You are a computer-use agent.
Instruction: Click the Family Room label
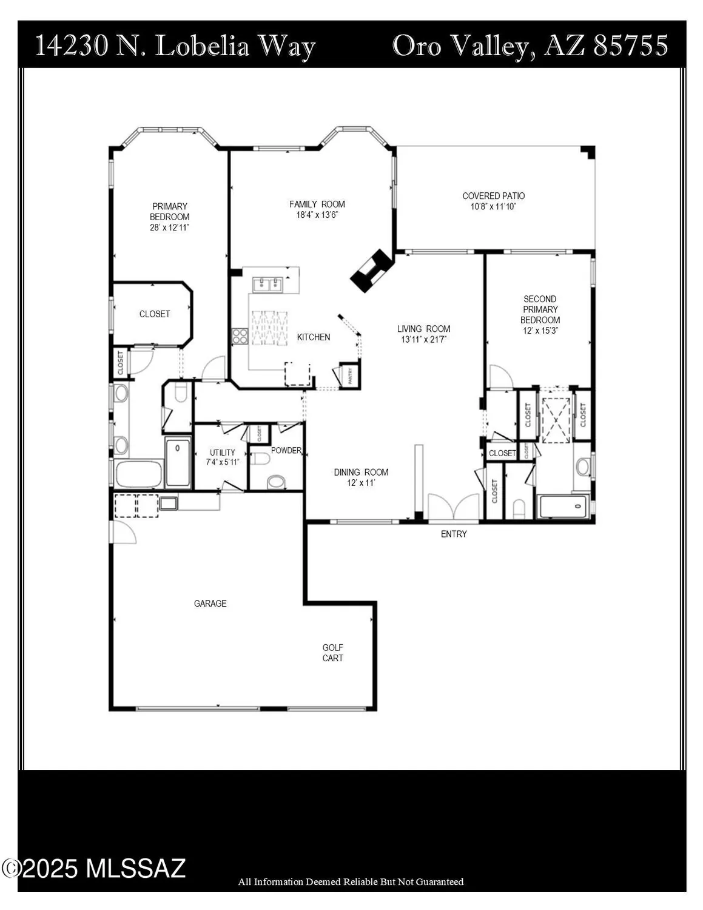(317, 204)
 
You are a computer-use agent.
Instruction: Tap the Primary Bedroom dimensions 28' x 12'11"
(170, 227)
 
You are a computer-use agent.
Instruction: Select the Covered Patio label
(493, 196)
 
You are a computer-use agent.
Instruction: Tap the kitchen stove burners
(240, 336)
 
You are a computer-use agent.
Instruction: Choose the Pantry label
(350, 377)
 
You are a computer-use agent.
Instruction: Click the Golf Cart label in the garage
(332, 653)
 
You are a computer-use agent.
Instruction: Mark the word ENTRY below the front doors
(454, 534)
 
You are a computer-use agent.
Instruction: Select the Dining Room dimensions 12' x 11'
(362, 483)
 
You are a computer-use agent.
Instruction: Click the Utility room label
(223, 453)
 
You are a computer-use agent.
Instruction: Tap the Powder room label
(286, 451)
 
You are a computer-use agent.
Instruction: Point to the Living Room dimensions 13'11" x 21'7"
(424, 340)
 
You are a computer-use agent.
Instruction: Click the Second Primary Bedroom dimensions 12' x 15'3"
(540, 331)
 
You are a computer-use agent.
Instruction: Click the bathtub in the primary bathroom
(139, 474)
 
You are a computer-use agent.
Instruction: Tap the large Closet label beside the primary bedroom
(155, 314)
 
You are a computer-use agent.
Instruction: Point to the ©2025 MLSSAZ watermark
(94, 869)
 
